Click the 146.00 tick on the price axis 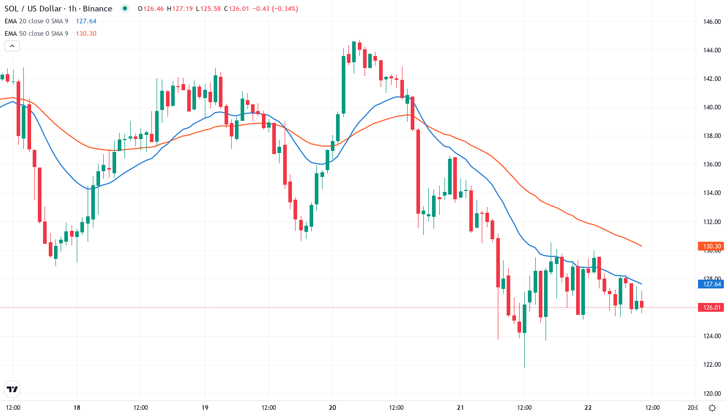(x=711, y=22)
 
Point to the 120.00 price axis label (x=711, y=393)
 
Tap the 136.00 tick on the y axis (x=711, y=164)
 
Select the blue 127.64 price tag (x=710, y=284)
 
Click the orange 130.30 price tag (x=710, y=246)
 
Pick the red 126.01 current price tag (x=710, y=308)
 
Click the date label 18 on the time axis (x=77, y=408)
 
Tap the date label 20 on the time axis (x=332, y=408)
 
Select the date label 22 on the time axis (x=588, y=408)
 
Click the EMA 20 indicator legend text (x=36, y=21)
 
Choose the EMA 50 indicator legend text (x=36, y=34)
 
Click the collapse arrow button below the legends (x=12, y=46)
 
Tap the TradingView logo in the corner (x=12, y=389)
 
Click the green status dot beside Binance (x=124, y=8)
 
